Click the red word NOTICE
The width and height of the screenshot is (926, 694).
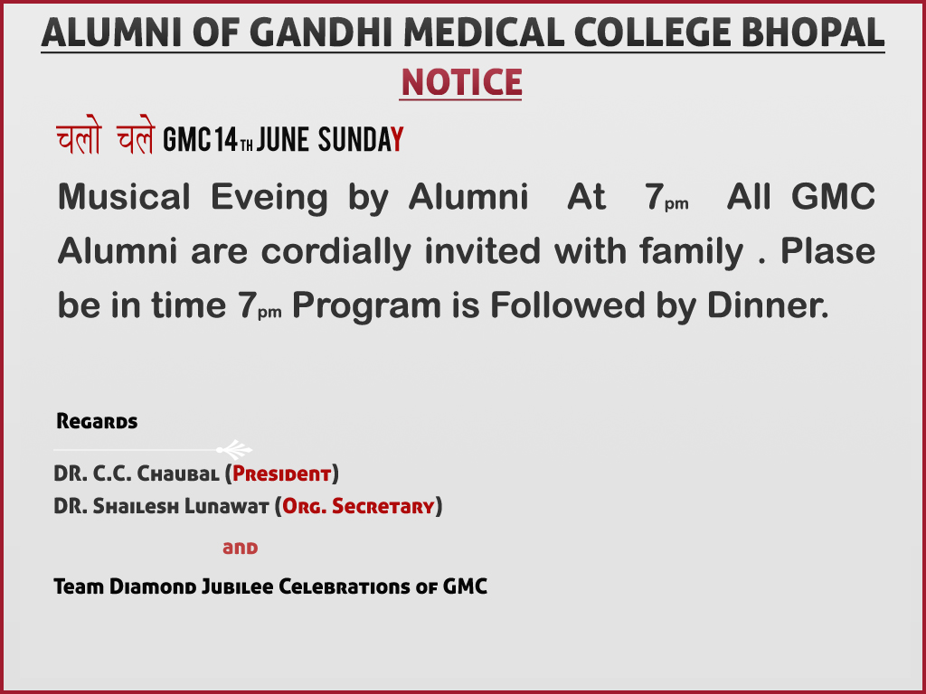tap(460, 82)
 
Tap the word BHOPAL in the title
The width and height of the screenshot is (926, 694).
tap(813, 33)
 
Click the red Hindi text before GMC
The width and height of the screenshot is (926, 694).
tap(106, 136)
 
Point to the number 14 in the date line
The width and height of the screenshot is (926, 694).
tap(226, 140)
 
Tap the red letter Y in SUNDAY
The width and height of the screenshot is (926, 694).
tap(398, 140)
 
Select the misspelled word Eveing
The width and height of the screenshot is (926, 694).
tap(269, 198)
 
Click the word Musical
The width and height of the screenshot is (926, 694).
tap(124, 196)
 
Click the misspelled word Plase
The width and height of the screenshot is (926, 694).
tap(828, 251)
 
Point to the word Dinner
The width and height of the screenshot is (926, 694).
tap(768, 305)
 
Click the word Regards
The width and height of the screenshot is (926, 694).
tap(97, 421)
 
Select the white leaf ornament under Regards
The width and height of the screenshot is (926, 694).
tap(234, 449)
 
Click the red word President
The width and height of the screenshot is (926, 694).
tap(282, 474)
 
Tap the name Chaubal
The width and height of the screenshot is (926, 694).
tap(178, 474)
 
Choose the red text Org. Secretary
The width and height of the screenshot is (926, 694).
tap(358, 506)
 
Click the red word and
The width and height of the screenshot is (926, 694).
tap(241, 549)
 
